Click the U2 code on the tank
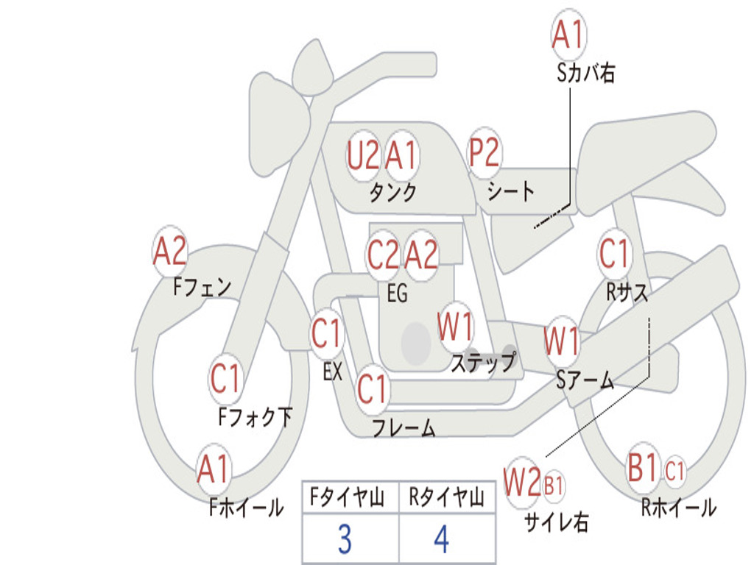(x=362, y=156)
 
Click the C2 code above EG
(x=383, y=255)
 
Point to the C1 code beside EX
(x=326, y=333)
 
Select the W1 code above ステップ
(x=454, y=326)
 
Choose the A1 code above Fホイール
(x=213, y=469)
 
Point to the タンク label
(x=392, y=192)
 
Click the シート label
(x=511, y=191)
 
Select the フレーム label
(x=404, y=427)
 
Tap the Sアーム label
(x=585, y=380)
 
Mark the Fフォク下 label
(x=255, y=416)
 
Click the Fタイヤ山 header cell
(x=347, y=497)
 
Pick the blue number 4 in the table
(x=442, y=539)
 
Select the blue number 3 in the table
(x=345, y=539)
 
